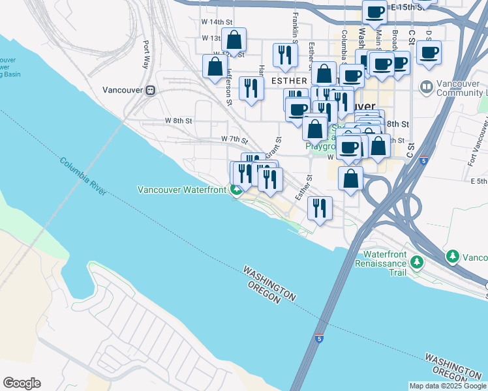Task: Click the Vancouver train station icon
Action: (x=151, y=90)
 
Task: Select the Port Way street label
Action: (x=147, y=55)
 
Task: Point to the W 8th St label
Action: (x=178, y=121)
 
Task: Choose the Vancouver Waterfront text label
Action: (x=182, y=190)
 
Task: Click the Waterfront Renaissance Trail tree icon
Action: (x=416, y=262)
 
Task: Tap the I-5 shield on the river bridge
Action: (x=318, y=338)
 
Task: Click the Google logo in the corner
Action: (x=22, y=383)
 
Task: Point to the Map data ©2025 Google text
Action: (x=447, y=386)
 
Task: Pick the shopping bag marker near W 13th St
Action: (x=234, y=40)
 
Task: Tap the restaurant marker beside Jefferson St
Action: (x=251, y=88)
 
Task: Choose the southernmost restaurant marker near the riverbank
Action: (x=319, y=209)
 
